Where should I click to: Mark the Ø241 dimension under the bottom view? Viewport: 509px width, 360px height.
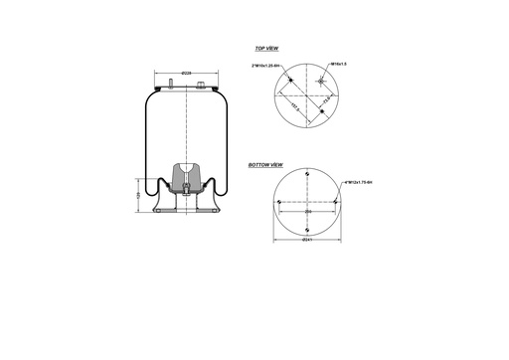click(x=308, y=240)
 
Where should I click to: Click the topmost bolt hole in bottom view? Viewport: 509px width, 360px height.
click(x=309, y=174)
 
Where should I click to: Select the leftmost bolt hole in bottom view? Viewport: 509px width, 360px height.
click(x=279, y=203)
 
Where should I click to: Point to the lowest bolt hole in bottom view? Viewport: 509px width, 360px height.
click(x=309, y=230)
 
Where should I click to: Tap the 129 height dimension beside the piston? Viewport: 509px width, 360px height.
click(x=138, y=196)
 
